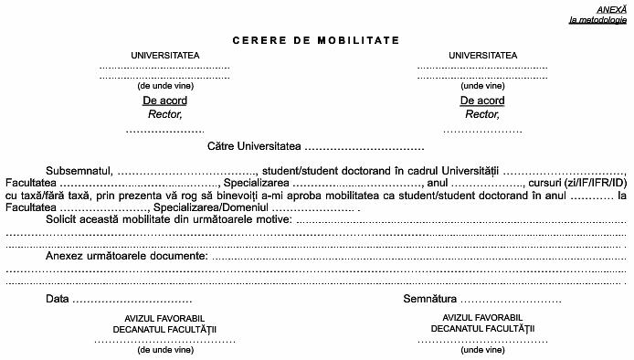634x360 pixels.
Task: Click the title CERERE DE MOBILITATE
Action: pos(316,40)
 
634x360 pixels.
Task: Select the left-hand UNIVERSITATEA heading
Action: pos(165,55)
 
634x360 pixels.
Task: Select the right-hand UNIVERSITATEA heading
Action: pos(482,55)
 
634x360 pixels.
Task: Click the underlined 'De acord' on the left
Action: pos(165,101)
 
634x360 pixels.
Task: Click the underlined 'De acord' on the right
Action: pos(482,101)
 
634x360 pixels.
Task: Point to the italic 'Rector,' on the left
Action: pos(165,114)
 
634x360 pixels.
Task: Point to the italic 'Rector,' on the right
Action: pos(482,114)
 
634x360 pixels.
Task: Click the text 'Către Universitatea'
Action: pos(253,146)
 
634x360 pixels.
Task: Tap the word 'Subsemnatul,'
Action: pos(79,171)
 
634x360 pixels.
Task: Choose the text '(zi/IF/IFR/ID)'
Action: pos(594,183)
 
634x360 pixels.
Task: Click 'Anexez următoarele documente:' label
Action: pos(126,256)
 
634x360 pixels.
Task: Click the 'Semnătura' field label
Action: pos(428,299)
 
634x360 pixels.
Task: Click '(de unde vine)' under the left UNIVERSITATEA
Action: pos(165,85)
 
